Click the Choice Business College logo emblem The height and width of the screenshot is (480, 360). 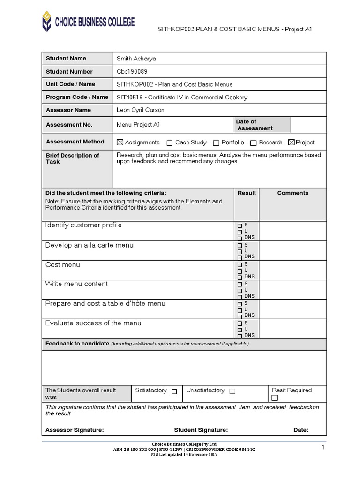(47, 22)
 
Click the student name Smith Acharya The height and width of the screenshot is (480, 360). (136, 59)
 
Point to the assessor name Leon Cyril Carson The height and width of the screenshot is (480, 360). (140, 110)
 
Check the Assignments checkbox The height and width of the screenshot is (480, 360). (120, 142)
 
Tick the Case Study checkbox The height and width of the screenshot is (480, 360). (170, 143)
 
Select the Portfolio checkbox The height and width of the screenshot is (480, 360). (216, 143)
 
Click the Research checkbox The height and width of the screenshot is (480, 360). (254, 143)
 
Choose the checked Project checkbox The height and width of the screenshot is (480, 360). (292, 142)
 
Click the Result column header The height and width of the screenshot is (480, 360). (247, 193)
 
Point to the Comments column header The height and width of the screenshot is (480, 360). (292, 193)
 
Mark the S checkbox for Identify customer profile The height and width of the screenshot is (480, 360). (240, 225)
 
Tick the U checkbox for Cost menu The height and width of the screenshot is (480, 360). (240, 271)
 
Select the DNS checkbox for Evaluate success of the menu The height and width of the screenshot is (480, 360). (240, 336)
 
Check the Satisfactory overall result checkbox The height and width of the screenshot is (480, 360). (174, 391)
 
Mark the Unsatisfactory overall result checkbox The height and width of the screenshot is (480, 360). (232, 391)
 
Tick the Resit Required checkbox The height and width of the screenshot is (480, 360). (275, 398)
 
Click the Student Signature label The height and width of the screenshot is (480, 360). (201, 430)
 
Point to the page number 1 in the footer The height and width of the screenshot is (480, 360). (323, 448)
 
